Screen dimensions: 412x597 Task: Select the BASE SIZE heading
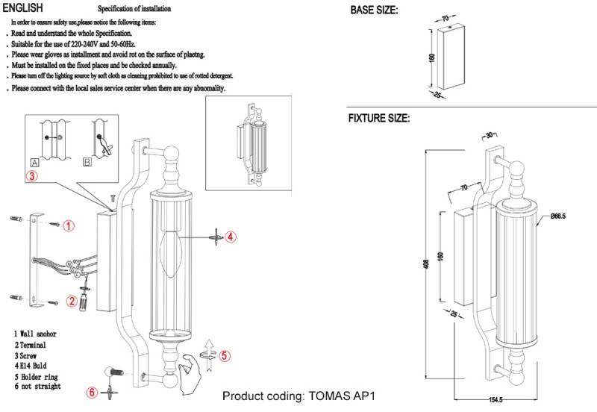[374, 10]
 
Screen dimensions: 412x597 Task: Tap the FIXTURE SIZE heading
[378, 118]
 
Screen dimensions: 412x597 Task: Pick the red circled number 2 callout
[72, 302]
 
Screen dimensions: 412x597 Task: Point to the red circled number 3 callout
[31, 177]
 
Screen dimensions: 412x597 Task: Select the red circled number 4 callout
[231, 237]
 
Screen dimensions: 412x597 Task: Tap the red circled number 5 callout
[227, 356]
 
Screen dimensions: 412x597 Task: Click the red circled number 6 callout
[92, 393]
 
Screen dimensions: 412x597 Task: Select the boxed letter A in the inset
[34, 162]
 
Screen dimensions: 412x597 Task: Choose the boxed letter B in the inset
[87, 162]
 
